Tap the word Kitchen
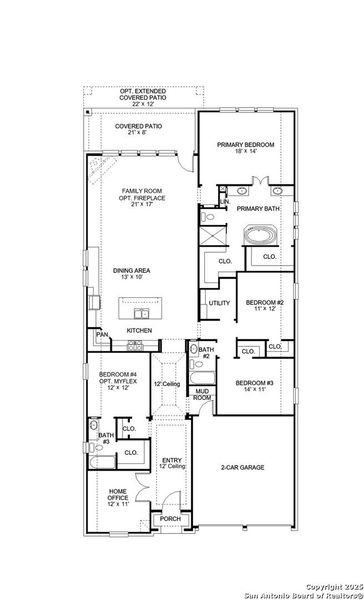(139, 330)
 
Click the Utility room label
(219, 303)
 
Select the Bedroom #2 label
(265, 305)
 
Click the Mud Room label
(202, 394)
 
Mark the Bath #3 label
(106, 438)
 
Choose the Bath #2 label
(203, 352)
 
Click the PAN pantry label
(102, 334)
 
